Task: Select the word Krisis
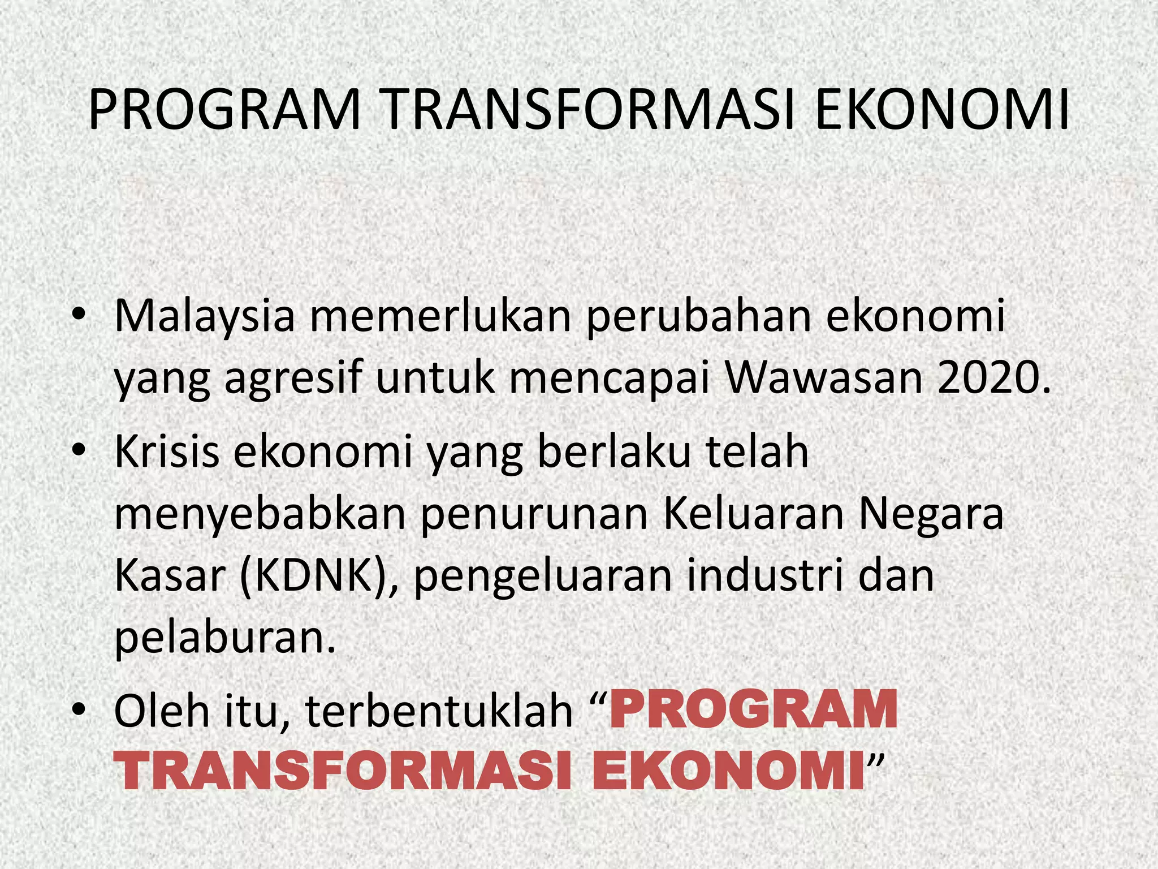[166, 452]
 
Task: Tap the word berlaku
[614, 452]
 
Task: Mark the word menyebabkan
[260, 515]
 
